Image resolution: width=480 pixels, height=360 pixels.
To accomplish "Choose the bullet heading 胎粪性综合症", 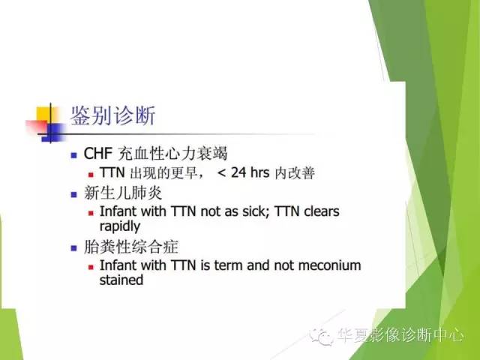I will pos(122,245).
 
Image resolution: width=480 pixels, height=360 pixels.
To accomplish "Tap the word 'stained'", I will pos(121,280).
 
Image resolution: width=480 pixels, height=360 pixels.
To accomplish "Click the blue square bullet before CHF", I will pos(73,156).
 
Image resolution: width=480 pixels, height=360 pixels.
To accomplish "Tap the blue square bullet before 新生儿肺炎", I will pos(73,193).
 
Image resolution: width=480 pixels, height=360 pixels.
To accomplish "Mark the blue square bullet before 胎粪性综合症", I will pos(73,247).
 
